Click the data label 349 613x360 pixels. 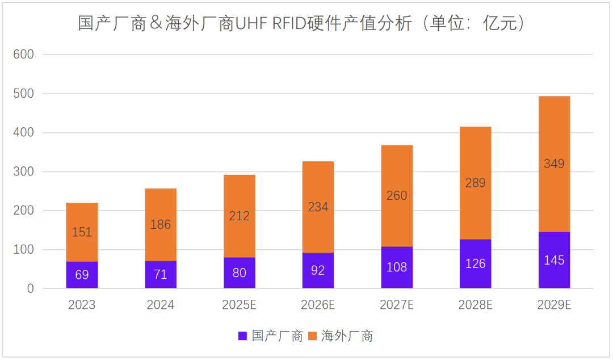(554, 164)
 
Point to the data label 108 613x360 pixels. (397, 267)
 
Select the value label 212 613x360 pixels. (239, 216)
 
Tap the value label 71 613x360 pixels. (161, 275)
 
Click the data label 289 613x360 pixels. (475, 183)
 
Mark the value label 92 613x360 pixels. (318, 270)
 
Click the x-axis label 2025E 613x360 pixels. (239, 305)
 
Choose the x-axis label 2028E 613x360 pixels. (475, 305)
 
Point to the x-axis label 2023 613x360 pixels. (82, 305)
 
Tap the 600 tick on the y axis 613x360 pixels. (24, 55)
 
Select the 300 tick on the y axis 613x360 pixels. (24, 171)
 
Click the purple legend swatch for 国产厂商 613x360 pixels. (242, 336)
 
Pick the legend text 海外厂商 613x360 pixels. (347, 336)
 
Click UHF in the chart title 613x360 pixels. (252, 24)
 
